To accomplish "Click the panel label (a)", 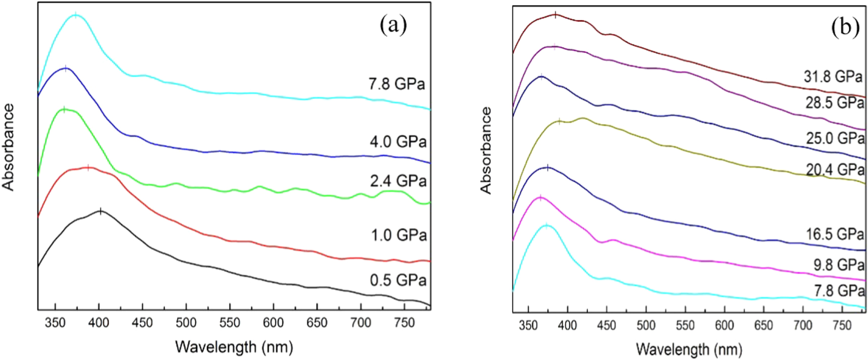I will coord(393,25).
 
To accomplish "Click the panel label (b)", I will coord(845,28).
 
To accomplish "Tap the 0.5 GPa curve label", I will coord(398,280).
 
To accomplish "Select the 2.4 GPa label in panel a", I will coord(398,181).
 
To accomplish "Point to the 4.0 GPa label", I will coord(398,142).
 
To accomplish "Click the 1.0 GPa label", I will coord(399,235).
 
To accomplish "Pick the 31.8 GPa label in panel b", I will coord(833,76).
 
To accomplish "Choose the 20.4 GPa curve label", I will coord(835,170).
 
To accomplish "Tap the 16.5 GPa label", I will coord(834,234).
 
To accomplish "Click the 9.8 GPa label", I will coord(838,265).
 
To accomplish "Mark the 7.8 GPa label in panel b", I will coord(839,291).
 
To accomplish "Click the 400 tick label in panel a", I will coord(99,323).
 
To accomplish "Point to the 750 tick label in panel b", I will coord(842,326).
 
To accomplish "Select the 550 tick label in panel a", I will coord(230,323).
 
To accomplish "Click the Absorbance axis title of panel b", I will coord(485,150).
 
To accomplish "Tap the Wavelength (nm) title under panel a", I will coord(234,347).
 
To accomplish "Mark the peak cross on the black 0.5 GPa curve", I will coord(101,211).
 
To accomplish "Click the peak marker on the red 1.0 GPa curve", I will coord(88,168).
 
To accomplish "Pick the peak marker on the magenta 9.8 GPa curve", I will coord(540,198).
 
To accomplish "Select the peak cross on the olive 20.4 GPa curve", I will coord(559,121).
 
